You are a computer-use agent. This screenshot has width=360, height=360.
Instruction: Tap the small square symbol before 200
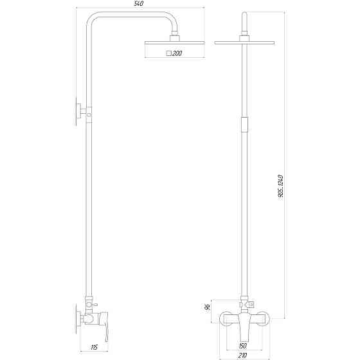pos(168,54)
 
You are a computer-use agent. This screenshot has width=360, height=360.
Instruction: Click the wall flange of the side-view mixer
pos(78,318)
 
